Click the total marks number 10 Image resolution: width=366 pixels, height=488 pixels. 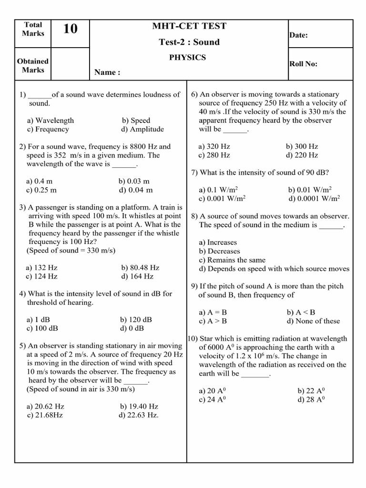point(70,30)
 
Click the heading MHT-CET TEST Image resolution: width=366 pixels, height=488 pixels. point(189,26)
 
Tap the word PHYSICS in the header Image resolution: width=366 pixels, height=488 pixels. point(188,58)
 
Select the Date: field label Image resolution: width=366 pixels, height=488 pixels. point(298,35)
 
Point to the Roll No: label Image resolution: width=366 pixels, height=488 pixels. point(303,64)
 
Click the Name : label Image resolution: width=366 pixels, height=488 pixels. point(107,72)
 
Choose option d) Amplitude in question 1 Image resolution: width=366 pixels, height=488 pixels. point(142,129)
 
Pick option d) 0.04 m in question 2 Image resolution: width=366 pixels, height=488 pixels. point(137,190)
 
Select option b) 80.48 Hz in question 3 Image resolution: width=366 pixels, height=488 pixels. point(140,268)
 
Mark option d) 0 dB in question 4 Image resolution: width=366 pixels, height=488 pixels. point(133,328)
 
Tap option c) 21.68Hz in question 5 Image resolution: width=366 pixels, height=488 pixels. point(45,415)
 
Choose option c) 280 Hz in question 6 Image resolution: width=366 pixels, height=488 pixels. point(214,155)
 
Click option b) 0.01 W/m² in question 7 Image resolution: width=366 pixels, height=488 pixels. point(310,190)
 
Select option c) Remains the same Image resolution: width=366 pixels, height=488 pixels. point(232,260)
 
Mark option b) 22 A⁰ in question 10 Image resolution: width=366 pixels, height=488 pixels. point(310,391)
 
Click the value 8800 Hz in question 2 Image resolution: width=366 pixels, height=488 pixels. point(146,147)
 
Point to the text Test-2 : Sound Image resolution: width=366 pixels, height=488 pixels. point(189,42)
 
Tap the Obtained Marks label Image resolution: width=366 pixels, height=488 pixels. point(32,66)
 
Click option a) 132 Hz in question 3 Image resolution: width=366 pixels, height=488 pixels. point(42,268)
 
